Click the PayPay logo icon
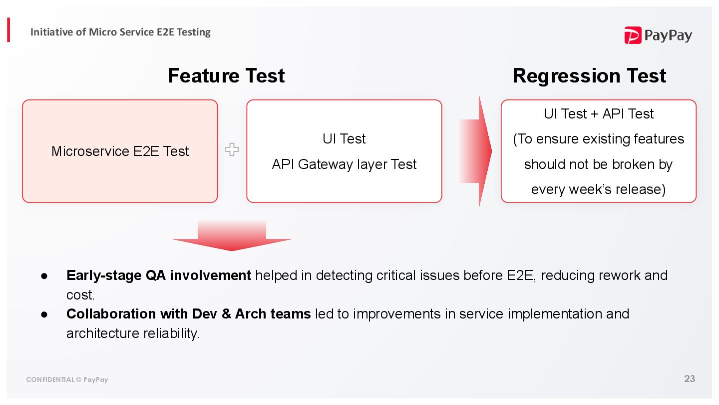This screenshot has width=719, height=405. (633, 35)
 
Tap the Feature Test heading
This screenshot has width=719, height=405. (226, 75)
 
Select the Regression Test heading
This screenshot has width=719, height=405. (589, 75)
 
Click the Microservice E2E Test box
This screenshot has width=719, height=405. (120, 151)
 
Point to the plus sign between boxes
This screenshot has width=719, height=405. (232, 149)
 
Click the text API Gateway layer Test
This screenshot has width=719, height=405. (344, 164)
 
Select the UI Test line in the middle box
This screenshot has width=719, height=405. (344, 138)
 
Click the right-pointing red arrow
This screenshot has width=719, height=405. (476, 151)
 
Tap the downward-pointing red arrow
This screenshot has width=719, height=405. (232, 235)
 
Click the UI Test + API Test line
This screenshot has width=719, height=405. (598, 114)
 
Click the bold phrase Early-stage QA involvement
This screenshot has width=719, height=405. (158, 275)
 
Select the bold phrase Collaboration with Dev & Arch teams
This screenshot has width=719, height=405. (188, 314)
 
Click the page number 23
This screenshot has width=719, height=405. (690, 378)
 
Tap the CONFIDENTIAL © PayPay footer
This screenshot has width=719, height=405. (67, 379)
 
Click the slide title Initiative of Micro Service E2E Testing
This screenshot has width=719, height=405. (120, 32)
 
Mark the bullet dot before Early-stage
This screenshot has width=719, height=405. (44, 276)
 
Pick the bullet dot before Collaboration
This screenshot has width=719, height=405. (44, 314)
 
